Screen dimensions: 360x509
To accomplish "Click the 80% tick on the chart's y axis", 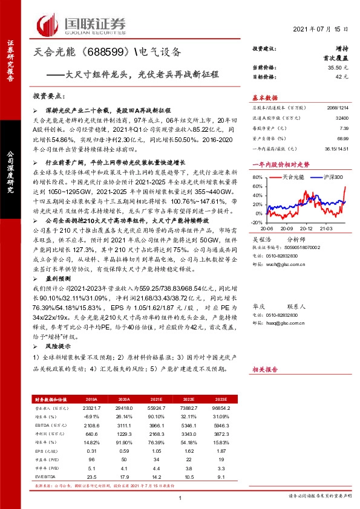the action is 257,177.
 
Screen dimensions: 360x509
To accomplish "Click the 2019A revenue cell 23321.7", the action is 92,409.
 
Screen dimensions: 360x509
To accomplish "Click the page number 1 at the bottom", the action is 180,497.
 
